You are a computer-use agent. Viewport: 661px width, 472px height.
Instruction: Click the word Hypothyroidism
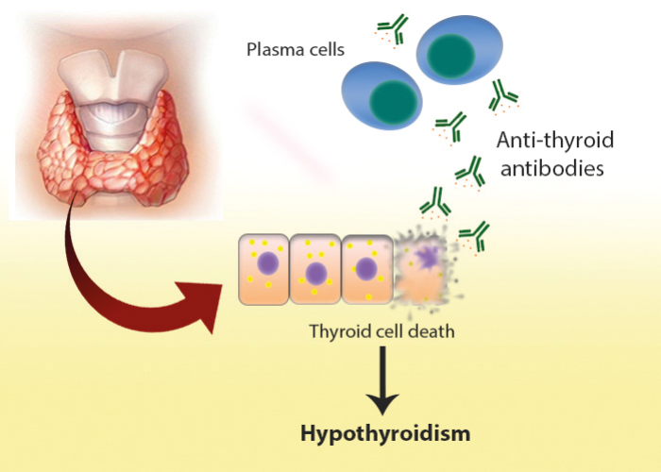[384, 435]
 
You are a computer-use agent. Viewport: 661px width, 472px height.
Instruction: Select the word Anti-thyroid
[555, 142]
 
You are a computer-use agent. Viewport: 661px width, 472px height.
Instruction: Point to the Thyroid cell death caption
[370, 332]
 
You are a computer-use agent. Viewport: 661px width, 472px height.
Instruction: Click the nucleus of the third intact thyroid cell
[365, 268]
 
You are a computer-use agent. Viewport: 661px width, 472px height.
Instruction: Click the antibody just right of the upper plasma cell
[502, 94]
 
